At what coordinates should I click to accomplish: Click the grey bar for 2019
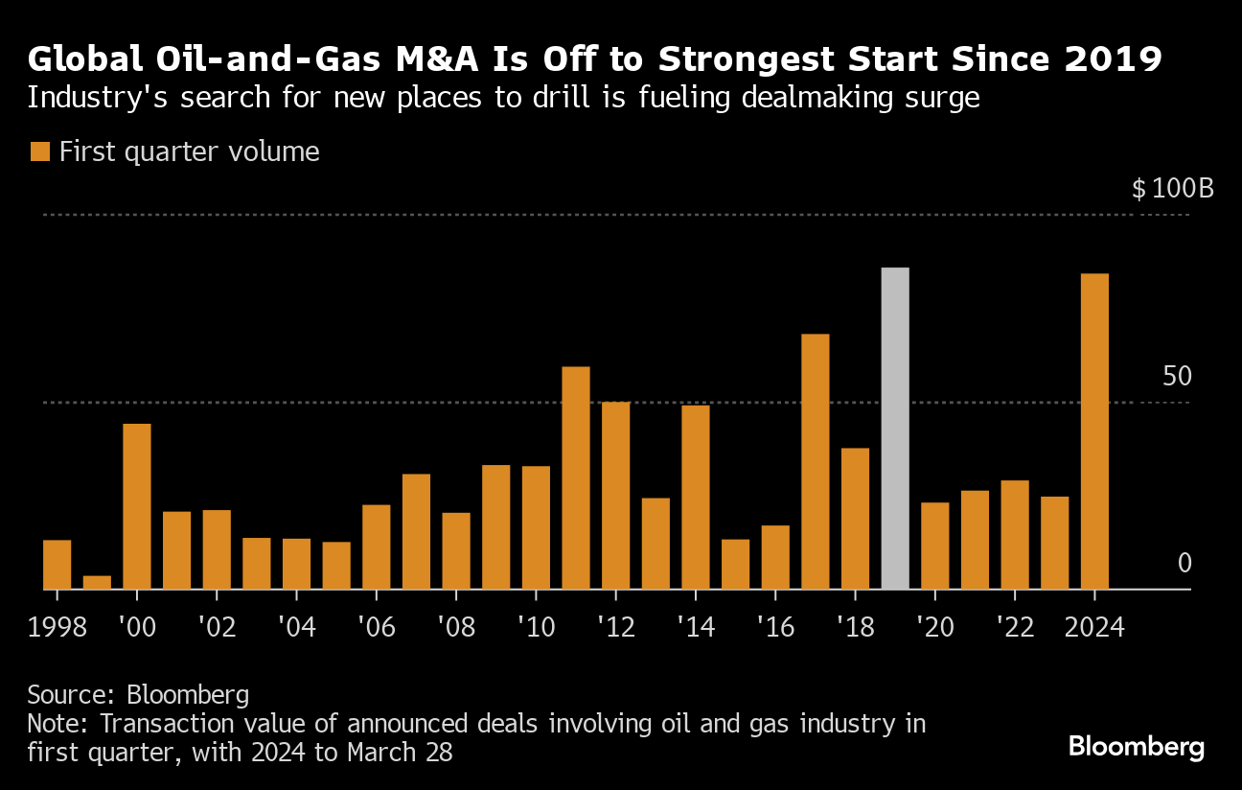pos(895,429)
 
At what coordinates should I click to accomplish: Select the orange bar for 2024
pos(1094,431)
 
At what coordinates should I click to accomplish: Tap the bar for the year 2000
pos(137,506)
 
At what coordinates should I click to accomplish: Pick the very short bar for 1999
pos(97,583)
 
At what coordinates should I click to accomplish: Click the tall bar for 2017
pos(815,461)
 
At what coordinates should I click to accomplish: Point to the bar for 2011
pos(576,477)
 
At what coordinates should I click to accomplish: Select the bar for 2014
pos(696,497)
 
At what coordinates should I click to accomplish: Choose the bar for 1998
pos(57,565)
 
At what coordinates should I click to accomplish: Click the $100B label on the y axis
pos(1172,188)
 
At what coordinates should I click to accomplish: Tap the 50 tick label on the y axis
pos(1176,376)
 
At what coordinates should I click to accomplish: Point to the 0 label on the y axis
pos(1184,563)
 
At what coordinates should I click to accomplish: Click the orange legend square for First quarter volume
pos(39,151)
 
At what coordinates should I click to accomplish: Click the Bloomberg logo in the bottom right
pos(1137,747)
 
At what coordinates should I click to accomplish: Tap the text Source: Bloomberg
pos(138,694)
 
